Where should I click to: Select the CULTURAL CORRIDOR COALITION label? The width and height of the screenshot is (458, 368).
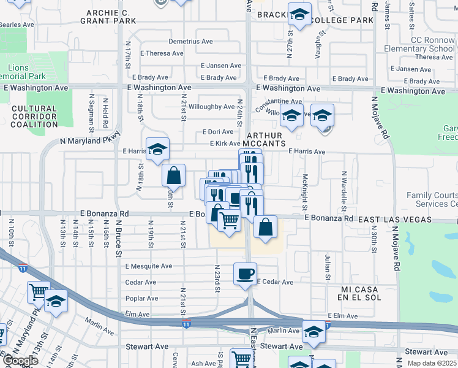pos(34,117)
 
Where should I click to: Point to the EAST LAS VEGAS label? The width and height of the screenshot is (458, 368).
pos(396,219)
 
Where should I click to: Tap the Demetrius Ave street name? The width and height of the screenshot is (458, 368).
pos(190,41)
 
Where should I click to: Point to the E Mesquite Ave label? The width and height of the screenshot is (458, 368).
pos(149,266)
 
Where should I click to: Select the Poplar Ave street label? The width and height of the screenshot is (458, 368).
pos(141,299)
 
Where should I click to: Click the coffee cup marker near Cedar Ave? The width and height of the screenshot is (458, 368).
pos(246,274)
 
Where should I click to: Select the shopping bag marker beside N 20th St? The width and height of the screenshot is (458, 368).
pos(174,175)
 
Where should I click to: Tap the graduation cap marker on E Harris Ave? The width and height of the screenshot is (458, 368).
pos(157,148)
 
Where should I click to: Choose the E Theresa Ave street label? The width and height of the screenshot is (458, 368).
pos(162,53)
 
